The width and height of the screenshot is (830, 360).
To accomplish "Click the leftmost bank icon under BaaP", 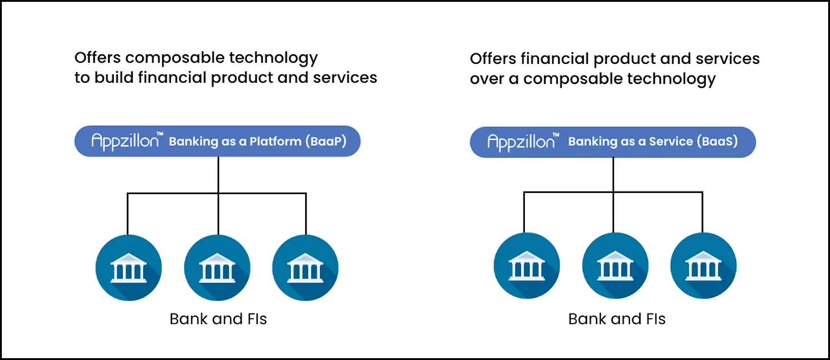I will (128, 267).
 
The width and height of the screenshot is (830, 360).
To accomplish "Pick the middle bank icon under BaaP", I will (217, 267).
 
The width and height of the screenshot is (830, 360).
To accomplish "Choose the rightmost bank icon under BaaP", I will (305, 267).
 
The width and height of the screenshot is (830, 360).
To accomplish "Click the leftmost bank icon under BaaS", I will (526, 267).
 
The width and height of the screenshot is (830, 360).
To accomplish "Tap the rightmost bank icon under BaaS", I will (703, 267).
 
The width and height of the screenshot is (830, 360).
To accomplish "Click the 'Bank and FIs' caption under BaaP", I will (218, 318).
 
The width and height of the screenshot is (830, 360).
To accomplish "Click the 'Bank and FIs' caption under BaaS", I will (617, 318).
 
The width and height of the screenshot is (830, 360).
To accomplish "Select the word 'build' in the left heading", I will (113, 77).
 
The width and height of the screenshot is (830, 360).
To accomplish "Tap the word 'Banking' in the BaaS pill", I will (591, 141).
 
